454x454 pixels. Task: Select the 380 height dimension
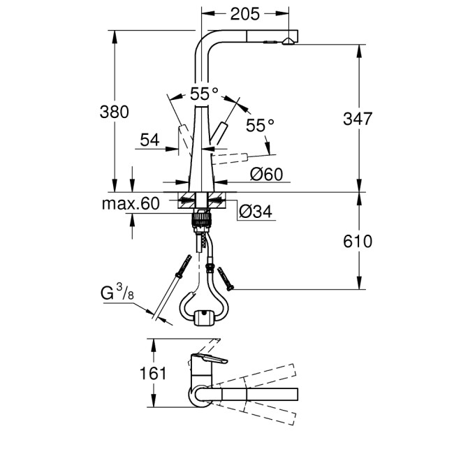(x=114, y=112)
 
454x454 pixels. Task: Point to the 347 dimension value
(x=358, y=119)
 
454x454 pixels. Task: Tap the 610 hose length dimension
(x=358, y=242)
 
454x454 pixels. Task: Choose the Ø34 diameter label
(x=255, y=212)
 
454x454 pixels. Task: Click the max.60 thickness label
(x=131, y=204)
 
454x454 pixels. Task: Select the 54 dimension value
(x=149, y=140)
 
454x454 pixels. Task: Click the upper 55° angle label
(x=205, y=91)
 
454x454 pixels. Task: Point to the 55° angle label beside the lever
(x=260, y=125)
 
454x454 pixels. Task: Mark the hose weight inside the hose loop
(x=203, y=318)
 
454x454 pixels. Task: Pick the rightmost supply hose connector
(x=227, y=279)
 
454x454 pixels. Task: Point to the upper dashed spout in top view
(x=258, y=374)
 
